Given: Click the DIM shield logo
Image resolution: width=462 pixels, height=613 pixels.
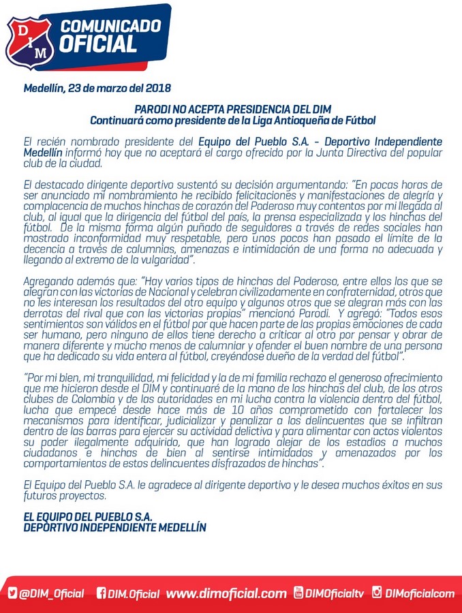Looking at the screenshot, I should pyautogui.click(x=31, y=42).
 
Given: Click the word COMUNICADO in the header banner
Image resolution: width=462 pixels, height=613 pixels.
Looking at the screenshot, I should pyautogui.click(x=111, y=27).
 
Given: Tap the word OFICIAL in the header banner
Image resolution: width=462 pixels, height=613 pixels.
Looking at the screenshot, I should pyautogui.click(x=98, y=46).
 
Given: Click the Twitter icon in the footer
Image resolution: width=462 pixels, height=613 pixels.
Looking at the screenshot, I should pyautogui.click(x=13, y=594).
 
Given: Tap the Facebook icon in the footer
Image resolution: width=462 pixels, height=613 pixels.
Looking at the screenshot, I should pyautogui.click(x=102, y=594).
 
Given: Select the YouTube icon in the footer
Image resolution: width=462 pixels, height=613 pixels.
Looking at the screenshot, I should pyautogui.click(x=298, y=593).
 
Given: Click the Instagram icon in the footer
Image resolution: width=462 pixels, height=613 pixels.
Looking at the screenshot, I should pyautogui.click(x=377, y=593).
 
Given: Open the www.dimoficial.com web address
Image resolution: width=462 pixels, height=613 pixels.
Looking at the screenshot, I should pyautogui.click(x=226, y=594).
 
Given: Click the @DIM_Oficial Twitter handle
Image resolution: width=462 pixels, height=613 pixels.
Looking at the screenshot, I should pyautogui.click(x=52, y=594).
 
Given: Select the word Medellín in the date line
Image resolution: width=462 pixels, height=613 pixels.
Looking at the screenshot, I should pyautogui.click(x=44, y=89).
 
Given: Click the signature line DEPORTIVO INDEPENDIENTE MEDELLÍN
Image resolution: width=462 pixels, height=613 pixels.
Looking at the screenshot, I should pyautogui.click(x=114, y=528).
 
